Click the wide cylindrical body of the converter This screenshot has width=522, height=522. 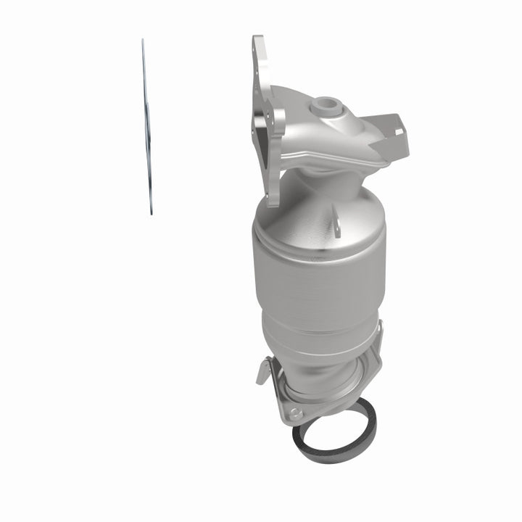(319, 275)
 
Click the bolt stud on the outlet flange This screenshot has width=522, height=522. (293, 413)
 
